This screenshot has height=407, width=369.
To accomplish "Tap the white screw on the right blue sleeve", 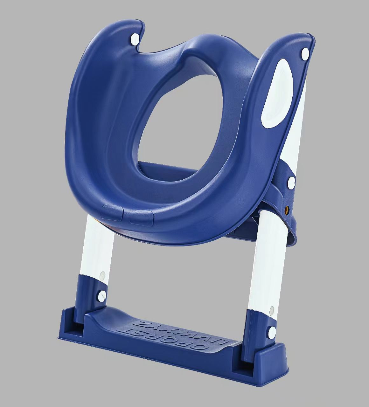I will [x=272, y=333].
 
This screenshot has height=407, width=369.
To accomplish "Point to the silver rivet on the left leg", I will [x=102, y=276].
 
